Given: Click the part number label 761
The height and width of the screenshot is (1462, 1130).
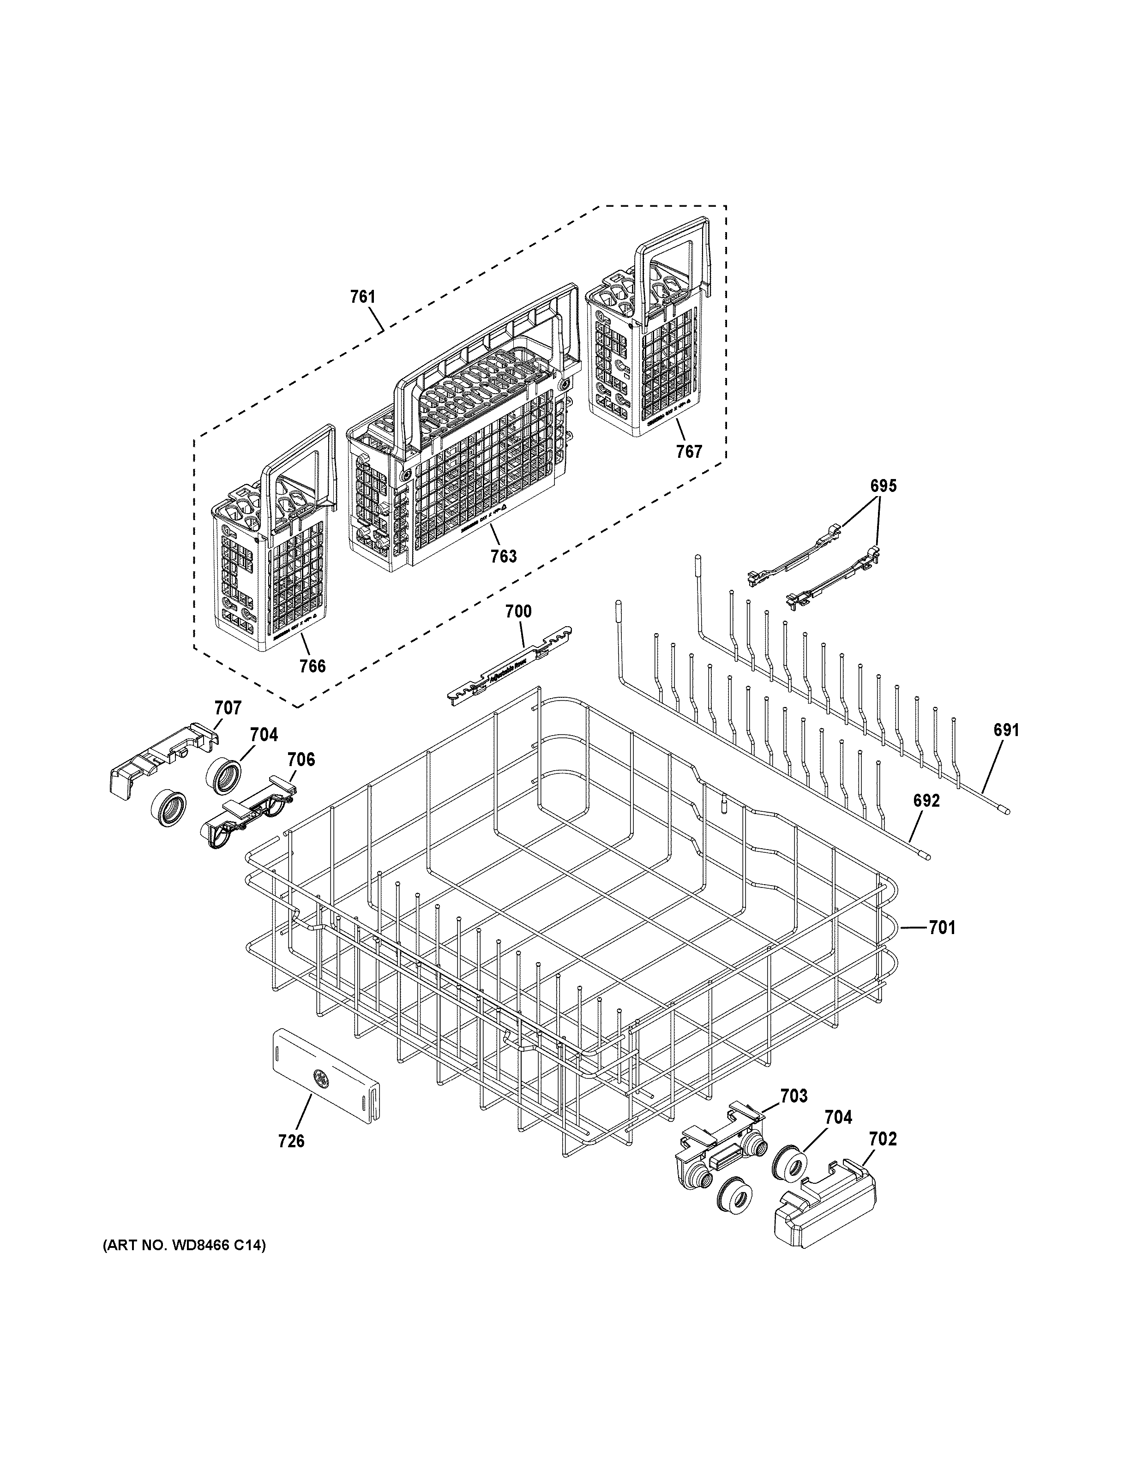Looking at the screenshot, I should tap(362, 297).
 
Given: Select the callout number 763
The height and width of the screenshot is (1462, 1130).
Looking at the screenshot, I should tap(504, 556).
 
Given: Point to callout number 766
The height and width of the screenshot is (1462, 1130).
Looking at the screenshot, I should tap(313, 665).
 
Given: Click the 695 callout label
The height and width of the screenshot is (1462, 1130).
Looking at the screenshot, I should tap(883, 486).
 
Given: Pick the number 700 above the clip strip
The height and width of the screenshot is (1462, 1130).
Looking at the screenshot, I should tap(518, 611).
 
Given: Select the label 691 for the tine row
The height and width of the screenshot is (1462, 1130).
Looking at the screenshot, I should tap(1006, 731).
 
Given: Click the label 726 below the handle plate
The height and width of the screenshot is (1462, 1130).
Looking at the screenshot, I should tap(291, 1141).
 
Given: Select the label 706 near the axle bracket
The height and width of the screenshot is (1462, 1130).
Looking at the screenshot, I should tap(301, 759).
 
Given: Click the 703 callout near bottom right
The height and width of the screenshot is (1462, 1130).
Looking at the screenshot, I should tap(794, 1096).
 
